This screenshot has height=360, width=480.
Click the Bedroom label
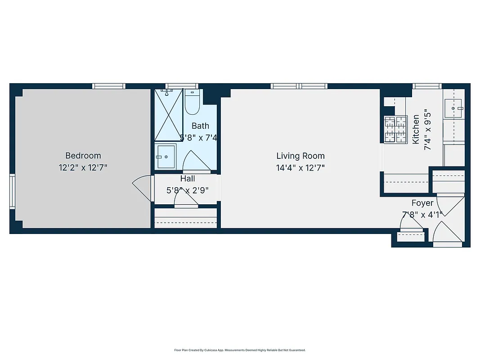click(x=83, y=156)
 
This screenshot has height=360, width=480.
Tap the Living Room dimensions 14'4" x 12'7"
click(x=300, y=168)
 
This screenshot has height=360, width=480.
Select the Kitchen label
click(x=416, y=129)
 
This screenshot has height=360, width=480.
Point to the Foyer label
click(x=422, y=203)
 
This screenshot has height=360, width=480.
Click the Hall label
click(x=187, y=179)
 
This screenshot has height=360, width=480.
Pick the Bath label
click(x=200, y=126)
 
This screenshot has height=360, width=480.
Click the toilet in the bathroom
click(x=192, y=103)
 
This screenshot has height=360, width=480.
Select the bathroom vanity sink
click(x=166, y=157)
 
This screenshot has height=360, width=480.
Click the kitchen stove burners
click(x=395, y=129)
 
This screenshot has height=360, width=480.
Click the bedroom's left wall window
click(x=13, y=191)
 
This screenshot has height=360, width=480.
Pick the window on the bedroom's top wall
click(x=109, y=86)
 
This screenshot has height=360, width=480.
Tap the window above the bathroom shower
click(x=181, y=86)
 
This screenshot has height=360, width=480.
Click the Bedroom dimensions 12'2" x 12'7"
click(x=83, y=168)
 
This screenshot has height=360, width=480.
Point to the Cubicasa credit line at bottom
click(x=240, y=350)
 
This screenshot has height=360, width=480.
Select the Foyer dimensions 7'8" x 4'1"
click(x=422, y=215)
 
